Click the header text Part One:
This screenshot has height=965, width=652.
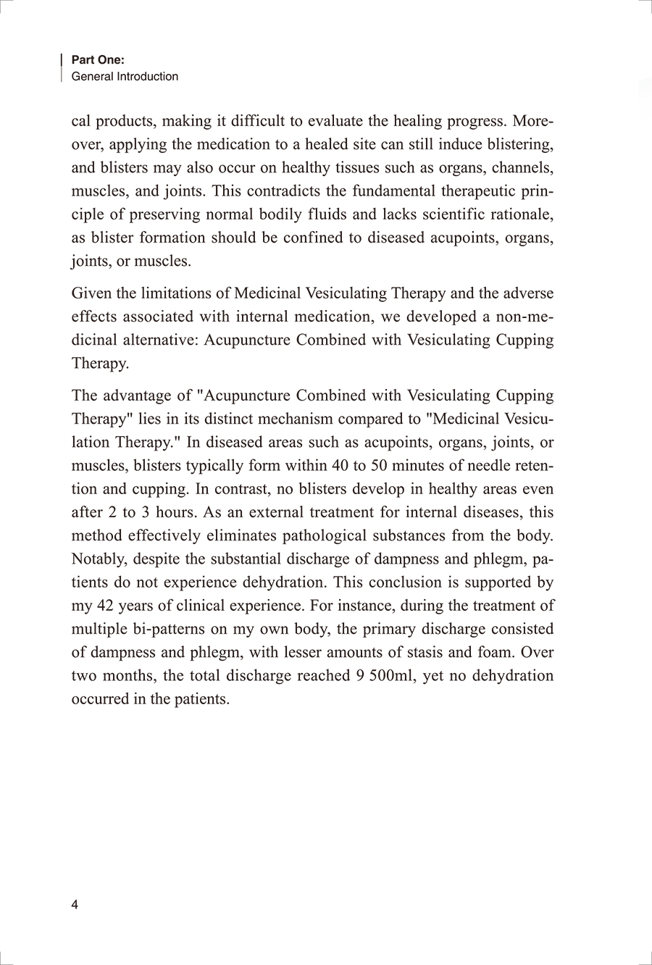tap(98, 61)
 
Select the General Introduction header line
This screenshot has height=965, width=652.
tap(125, 77)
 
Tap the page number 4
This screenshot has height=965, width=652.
tap(75, 905)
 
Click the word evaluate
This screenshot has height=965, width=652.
tap(343, 121)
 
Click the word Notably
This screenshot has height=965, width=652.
tap(100, 559)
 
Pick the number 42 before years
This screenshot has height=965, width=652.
tap(106, 606)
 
